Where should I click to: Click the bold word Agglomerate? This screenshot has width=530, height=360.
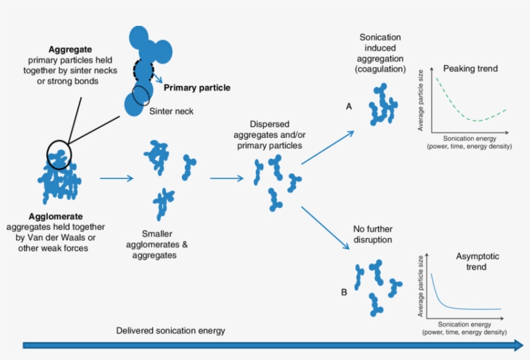pyautogui.click(x=56, y=217)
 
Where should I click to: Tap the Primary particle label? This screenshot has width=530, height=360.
pyautogui.click(x=196, y=87)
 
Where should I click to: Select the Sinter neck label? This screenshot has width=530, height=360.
pyautogui.click(x=171, y=111)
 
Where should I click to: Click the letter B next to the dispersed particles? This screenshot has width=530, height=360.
pyautogui.click(x=344, y=292)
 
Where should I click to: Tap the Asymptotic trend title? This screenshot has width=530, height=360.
pyautogui.click(x=478, y=262)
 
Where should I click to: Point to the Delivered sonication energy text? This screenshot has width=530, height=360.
pyautogui.click(x=171, y=330)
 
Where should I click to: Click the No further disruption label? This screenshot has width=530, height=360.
pyautogui.click(x=373, y=235)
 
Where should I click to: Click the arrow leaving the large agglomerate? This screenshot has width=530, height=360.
pyautogui.click(x=116, y=178)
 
